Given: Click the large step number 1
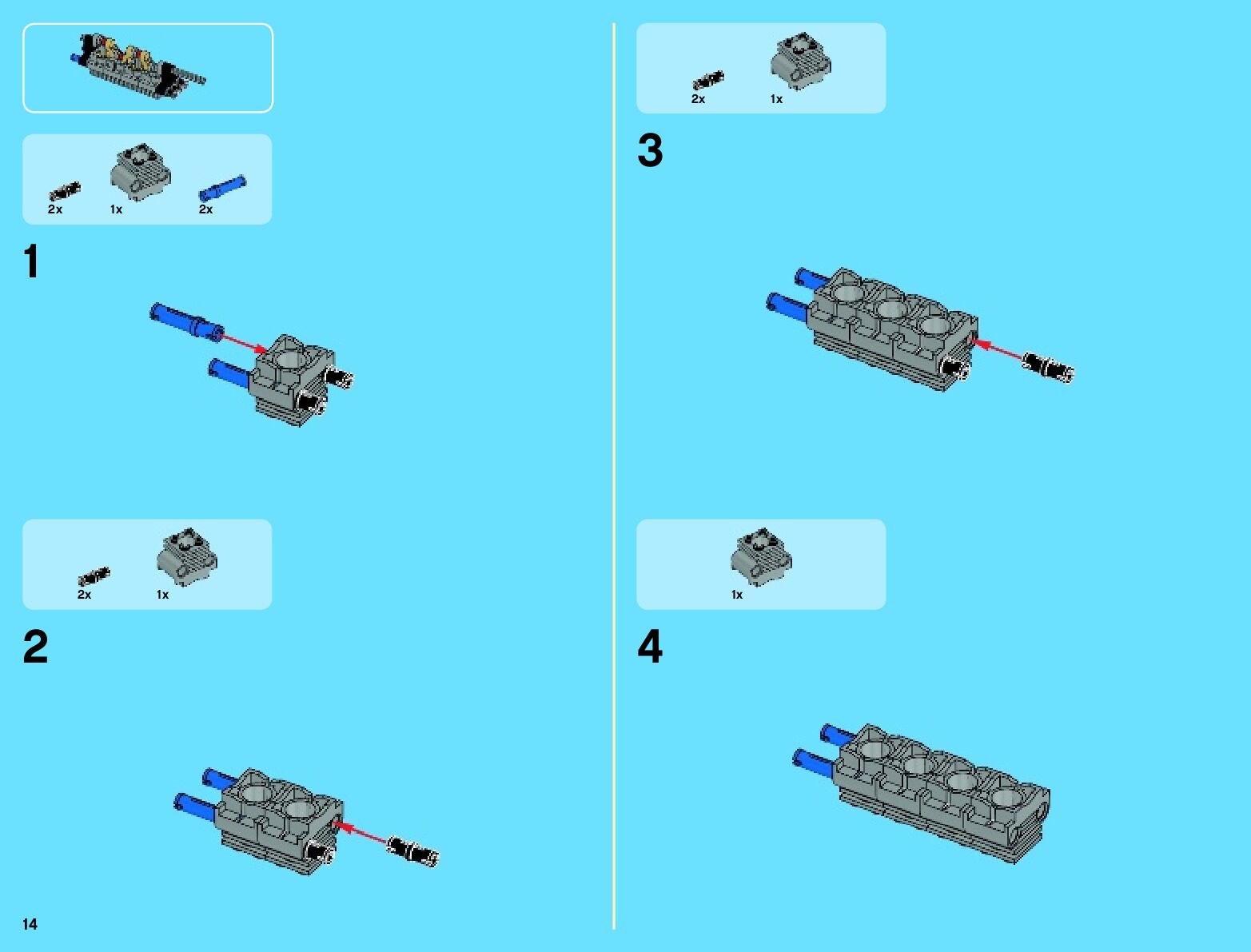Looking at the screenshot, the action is [31, 262].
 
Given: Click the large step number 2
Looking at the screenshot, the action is [35, 647].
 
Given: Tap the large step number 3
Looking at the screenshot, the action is [650, 151].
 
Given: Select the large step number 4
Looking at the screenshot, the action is [650, 647].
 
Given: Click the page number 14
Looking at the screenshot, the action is [30, 924].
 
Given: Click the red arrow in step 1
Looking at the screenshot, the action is [244, 342].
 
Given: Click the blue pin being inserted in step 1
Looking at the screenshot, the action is [186, 321].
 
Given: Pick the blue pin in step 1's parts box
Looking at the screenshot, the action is [222, 188].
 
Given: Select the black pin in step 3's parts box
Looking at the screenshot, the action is [708, 80].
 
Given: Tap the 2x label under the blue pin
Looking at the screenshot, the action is [205, 209].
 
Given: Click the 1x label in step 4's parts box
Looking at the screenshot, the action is [737, 595].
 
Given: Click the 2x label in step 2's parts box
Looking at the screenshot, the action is [84, 595].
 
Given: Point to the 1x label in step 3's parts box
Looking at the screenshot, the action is [776, 99].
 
